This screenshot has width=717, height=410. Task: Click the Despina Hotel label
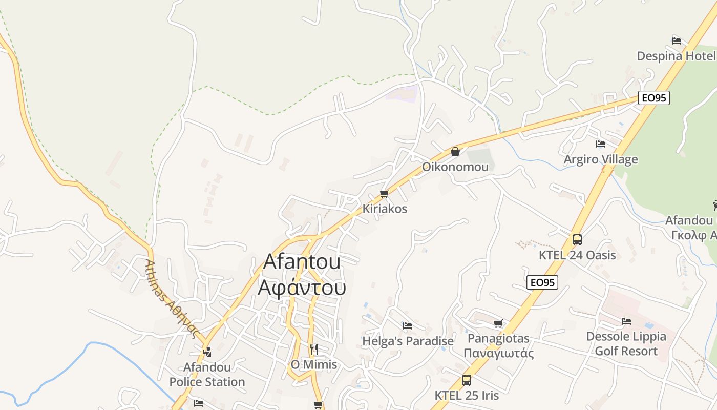pos(676,56)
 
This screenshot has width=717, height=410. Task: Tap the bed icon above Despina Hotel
pos(676,40)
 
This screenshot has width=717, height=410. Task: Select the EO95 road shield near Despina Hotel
pos(654,98)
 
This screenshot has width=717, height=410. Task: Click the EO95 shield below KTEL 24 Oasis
pos(542,282)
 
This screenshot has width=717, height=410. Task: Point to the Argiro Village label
pos(601,159)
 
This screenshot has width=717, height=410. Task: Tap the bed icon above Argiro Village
pos(601,144)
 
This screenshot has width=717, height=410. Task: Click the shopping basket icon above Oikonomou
pos(455,152)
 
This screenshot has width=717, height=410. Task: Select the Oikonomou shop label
pos(455,167)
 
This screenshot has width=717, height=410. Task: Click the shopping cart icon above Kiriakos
pos(385,194)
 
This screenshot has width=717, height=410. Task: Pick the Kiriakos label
pos(385,209)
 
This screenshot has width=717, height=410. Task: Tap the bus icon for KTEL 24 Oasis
pos(577,240)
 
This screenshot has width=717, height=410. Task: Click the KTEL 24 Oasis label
pos(577,255)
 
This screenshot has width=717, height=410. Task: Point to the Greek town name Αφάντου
pos(302,288)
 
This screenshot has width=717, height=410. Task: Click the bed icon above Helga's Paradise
pos(408,325)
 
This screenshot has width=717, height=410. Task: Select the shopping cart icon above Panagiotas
pos(498,323)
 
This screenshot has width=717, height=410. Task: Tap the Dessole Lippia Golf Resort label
pos(626,344)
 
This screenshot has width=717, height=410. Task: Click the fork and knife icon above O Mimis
pos(314,350)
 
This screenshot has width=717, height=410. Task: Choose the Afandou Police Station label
pos(207,375)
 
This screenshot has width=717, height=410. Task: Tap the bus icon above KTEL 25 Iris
pos(466,380)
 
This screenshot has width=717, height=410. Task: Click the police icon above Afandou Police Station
pos(207,352)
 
